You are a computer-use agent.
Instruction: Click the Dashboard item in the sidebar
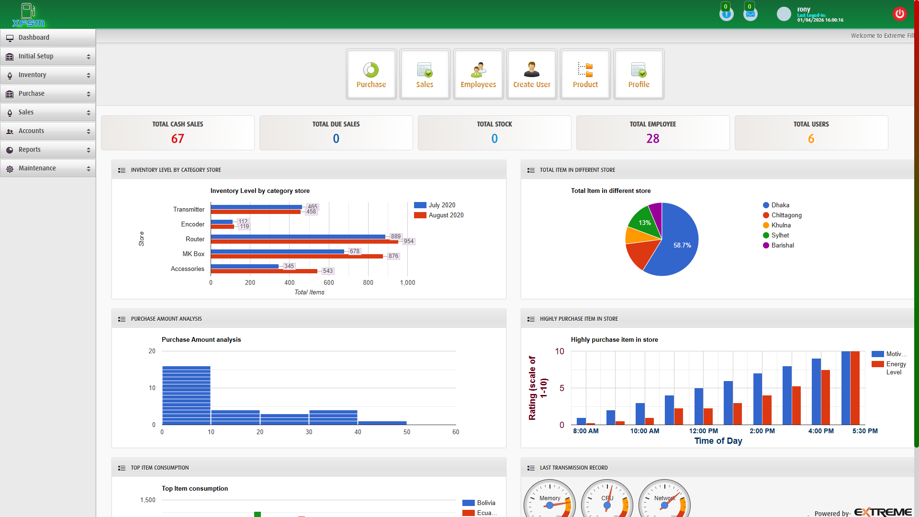tap(34, 38)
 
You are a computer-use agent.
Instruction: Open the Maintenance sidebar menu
tap(37, 169)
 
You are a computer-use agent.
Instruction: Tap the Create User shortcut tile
tap(531, 75)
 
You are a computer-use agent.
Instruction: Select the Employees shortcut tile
tap(478, 75)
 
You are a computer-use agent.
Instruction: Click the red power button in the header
tap(899, 14)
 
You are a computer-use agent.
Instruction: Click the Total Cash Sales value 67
tap(178, 139)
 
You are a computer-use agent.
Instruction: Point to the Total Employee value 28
tap(653, 139)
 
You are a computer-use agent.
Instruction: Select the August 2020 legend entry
tap(446, 215)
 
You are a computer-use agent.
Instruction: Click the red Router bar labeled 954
tap(304, 242)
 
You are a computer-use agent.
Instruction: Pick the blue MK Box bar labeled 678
tap(278, 251)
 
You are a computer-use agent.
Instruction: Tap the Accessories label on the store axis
tap(188, 269)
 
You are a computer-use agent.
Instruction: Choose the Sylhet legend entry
tap(780, 236)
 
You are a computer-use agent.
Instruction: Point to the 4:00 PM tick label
tap(821, 431)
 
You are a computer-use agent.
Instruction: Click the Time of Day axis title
tap(718, 441)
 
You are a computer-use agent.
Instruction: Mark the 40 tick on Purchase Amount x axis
tap(358, 432)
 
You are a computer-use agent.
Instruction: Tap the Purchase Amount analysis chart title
tap(201, 340)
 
